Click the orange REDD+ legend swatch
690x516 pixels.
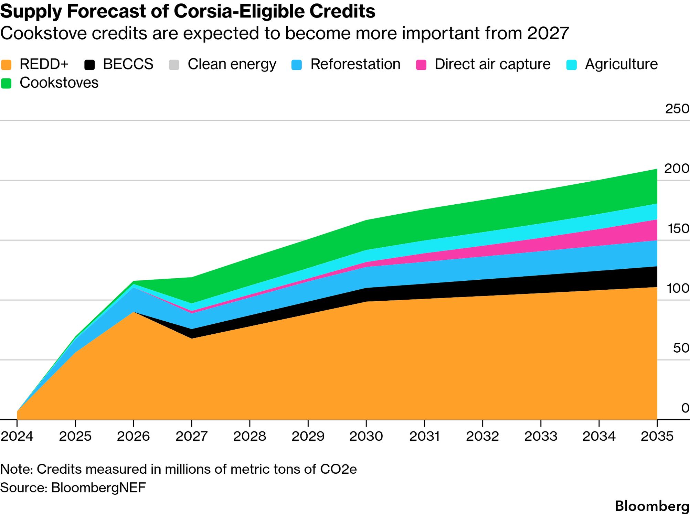coord(6,65)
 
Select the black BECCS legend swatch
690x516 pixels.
coord(89,65)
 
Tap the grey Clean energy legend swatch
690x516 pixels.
coord(174,65)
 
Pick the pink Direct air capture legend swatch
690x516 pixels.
coord(421,65)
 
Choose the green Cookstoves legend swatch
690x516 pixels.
coord(6,83)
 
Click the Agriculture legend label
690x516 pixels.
coord(621,64)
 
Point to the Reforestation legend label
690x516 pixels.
coord(355,64)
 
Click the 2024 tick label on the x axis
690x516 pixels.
coord(17,436)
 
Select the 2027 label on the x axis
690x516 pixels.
coord(192,436)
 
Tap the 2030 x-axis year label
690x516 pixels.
coord(366,436)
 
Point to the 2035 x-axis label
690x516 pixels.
coord(657,436)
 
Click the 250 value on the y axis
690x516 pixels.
coord(677,109)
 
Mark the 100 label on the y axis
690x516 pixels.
coord(678,288)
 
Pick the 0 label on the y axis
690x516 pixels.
coord(685,408)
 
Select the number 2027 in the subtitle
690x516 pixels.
coord(548,33)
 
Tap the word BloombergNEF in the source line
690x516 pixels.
coord(98,487)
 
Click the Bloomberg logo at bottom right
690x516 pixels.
coord(652,506)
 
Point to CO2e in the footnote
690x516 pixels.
coord(338,469)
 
